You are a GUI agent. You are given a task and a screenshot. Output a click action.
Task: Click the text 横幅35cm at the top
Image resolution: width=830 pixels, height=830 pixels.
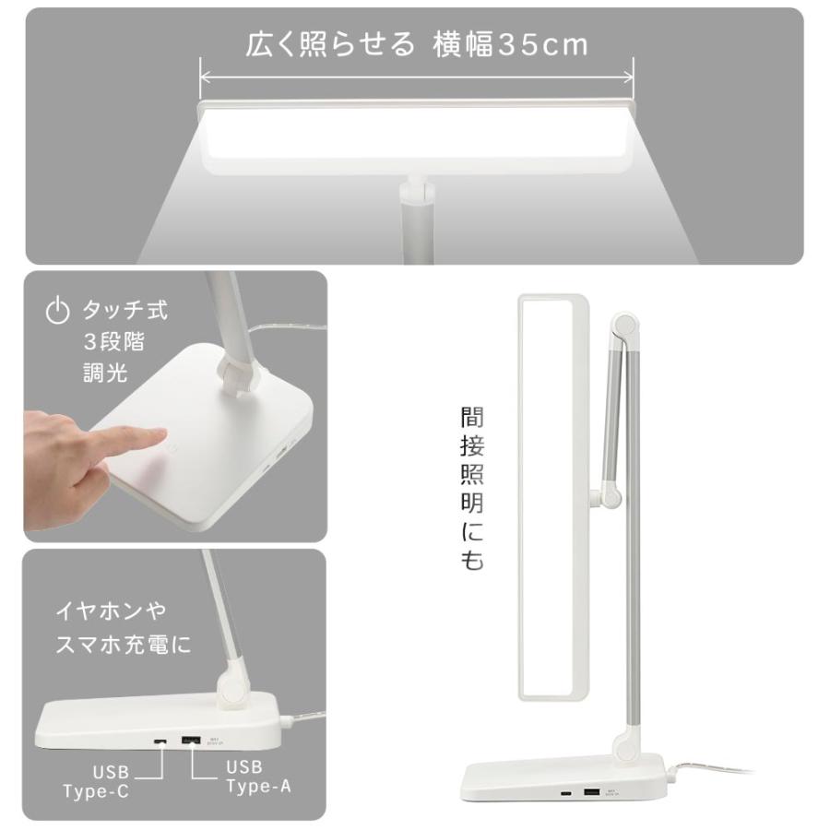[510, 45]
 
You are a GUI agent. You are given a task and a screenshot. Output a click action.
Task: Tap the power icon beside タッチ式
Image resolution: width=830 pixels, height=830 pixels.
[58, 311]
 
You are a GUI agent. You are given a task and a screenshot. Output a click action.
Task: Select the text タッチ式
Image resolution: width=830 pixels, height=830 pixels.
[125, 310]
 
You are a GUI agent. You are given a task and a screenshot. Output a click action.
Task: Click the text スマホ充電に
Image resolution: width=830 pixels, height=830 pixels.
[124, 644]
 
